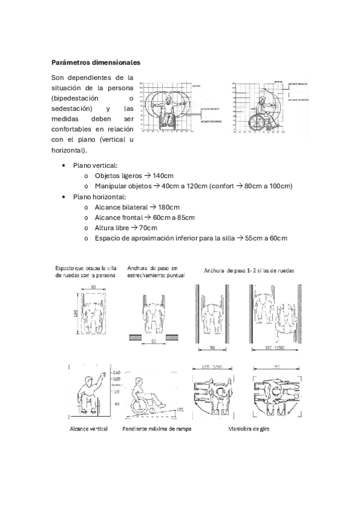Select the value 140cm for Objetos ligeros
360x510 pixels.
[x=163, y=176]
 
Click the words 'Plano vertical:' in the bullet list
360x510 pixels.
[x=95, y=165]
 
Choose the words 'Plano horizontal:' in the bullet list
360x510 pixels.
[x=99, y=197]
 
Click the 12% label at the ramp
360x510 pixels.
[x=180, y=409]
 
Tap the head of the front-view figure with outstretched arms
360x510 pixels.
[x=169, y=100]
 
